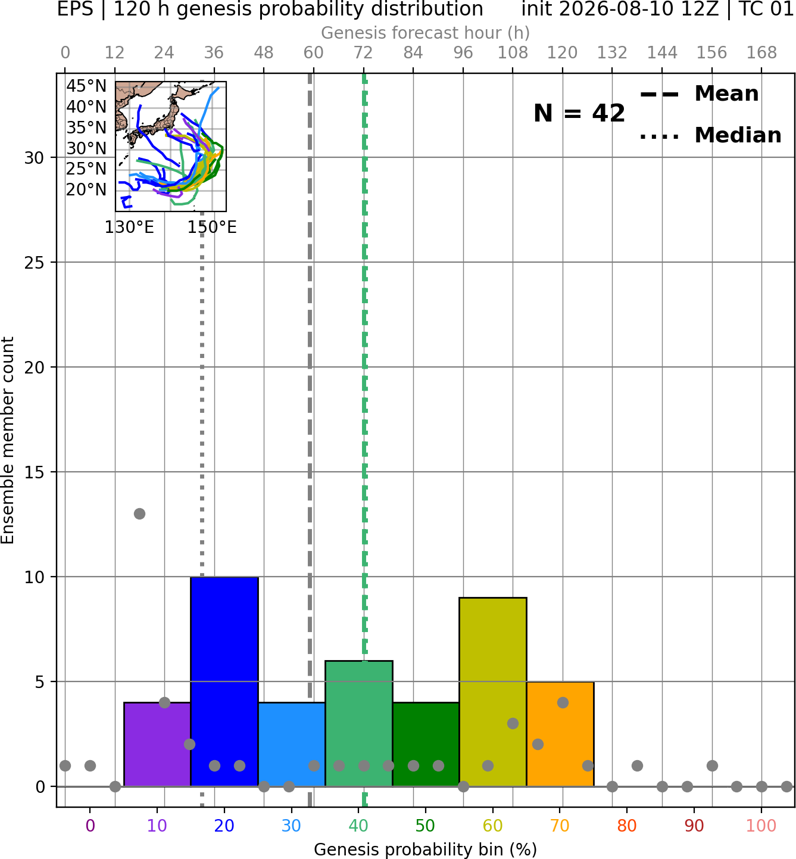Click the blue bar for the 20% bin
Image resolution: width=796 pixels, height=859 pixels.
click(224, 681)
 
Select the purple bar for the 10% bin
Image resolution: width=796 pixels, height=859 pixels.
click(157, 744)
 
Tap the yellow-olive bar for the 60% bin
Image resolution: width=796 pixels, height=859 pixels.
click(493, 692)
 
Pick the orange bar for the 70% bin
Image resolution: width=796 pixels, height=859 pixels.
click(560, 734)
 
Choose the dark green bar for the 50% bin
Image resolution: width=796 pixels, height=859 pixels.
click(426, 744)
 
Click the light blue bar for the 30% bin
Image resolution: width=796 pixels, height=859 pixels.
click(292, 744)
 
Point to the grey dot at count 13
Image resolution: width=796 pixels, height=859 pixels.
click(139, 513)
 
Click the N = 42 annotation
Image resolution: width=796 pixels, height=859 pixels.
click(579, 113)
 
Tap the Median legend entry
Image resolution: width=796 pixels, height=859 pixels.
click(710, 135)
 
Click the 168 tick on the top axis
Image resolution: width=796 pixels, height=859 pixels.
click(761, 53)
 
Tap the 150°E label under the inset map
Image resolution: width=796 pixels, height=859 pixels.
click(212, 228)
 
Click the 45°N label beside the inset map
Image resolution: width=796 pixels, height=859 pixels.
click(86, 86)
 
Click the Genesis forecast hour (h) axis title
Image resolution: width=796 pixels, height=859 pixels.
click(426, 33)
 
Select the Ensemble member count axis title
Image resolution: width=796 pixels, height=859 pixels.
click(7, 440)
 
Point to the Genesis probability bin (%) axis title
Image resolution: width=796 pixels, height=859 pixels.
click(426, 850)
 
